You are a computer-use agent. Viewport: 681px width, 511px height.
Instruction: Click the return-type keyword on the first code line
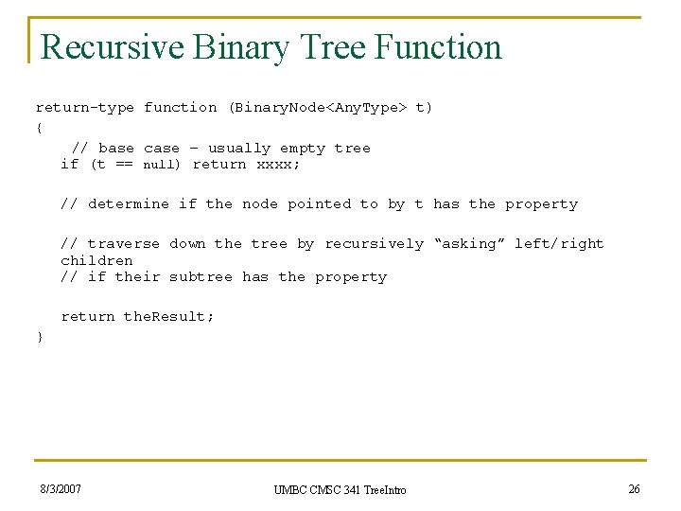(85, 108)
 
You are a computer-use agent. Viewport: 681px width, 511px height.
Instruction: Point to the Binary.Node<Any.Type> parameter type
(318, 108)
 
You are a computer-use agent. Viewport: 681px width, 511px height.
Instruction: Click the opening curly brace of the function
(39, 127)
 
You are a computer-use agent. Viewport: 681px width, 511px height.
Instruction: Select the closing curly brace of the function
(39, 337)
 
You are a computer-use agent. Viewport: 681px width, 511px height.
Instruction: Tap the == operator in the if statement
(124, 165)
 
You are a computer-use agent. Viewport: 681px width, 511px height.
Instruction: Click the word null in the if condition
(161, 165)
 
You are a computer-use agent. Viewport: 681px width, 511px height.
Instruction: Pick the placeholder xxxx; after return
(278, 165)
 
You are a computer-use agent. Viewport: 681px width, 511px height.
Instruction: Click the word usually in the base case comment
(239, 149)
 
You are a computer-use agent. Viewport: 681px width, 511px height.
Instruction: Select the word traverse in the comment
(124, 244)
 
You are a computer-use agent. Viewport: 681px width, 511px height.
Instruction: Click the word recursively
(375, 244)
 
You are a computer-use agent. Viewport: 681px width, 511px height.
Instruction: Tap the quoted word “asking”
(469, 244)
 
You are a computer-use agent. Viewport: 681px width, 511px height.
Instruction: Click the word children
(96, 260)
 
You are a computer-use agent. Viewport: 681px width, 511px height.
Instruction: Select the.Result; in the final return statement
(169, 317)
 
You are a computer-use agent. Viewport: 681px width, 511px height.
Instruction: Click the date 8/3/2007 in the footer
(61, 489)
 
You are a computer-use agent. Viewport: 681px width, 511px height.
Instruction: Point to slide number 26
(634, 489)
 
